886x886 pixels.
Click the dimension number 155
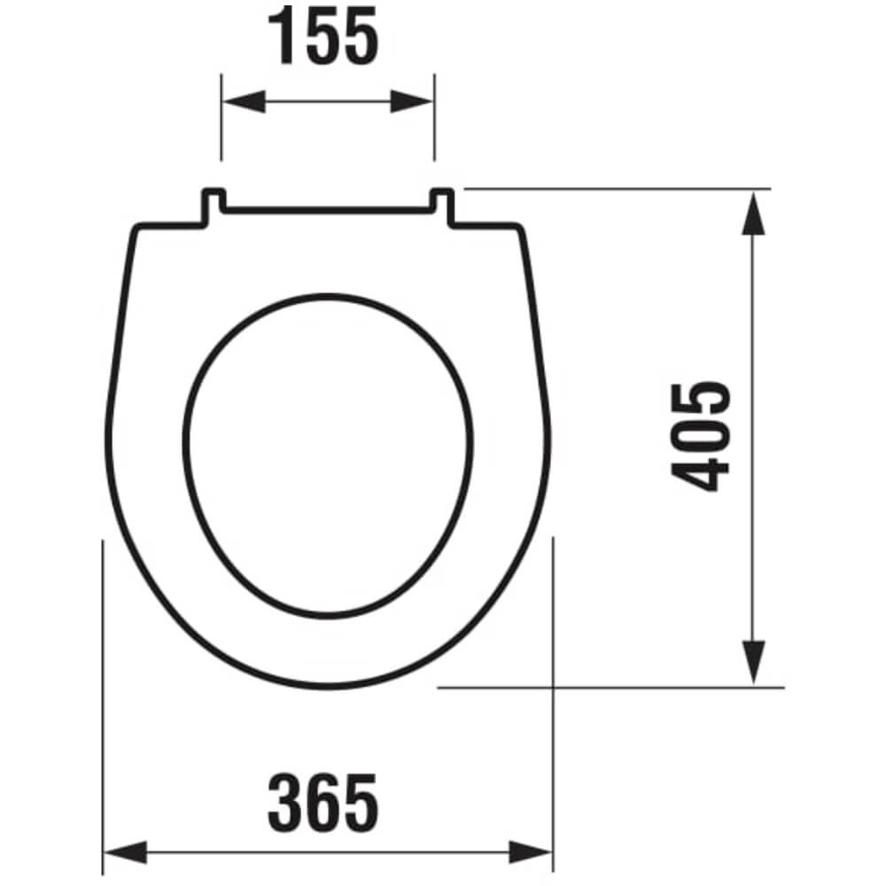coord(323,36)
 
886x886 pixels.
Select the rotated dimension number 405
coord(700,437)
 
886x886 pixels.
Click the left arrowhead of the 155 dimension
coord(245,102)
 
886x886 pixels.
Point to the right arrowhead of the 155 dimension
coord(411,102)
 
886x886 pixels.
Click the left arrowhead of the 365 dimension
coord(126,851)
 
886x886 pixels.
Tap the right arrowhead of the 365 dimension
coord(530,851)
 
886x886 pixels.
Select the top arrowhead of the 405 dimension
coord(753,213)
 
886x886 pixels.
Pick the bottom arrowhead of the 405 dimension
coord(753,662)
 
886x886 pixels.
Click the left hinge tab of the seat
coord(214,206)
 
